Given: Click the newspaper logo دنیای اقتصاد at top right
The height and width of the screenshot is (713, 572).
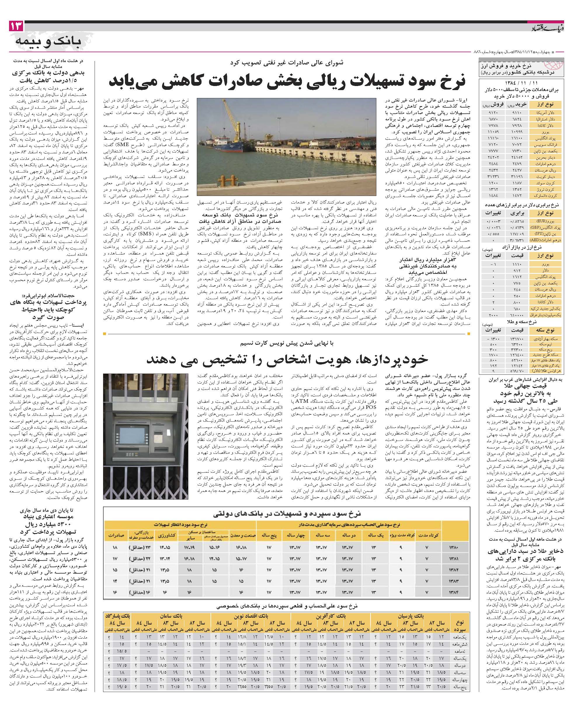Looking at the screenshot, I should click(548, 27).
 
